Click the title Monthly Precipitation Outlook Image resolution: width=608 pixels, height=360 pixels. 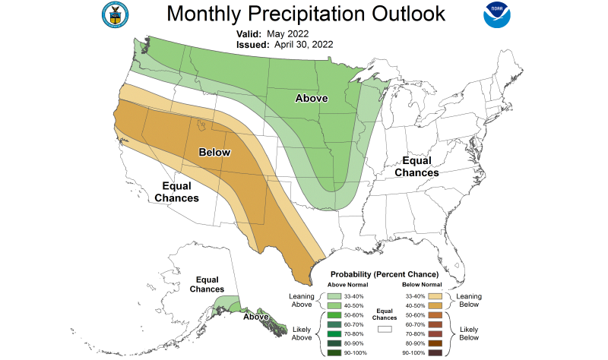coord(306,14)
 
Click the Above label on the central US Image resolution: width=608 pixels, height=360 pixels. coord(312,98)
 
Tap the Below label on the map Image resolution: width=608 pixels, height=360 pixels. coord(214,153)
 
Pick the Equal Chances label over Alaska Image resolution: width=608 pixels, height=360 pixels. coord(207,284)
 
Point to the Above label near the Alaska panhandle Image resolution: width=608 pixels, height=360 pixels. coord(256,317)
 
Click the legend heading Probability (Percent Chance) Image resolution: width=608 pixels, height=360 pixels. coord(385,273)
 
